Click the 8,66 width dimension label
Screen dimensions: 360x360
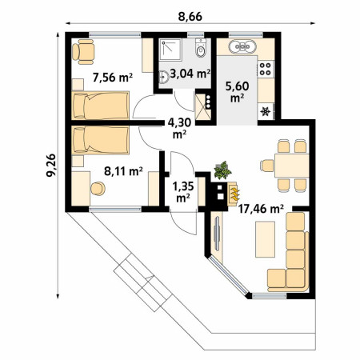click(190, 17)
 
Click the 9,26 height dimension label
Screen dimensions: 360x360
click(51, 165)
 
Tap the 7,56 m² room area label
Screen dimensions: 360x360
click(113, 78)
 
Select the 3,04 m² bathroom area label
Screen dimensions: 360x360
click(190, 74)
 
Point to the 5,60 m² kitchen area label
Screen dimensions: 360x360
click(237, 92)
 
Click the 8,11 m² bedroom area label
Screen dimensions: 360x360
click(123, 171)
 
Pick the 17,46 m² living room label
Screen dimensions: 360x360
click(261, 209)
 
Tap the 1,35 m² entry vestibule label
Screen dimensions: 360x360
click(183, 192)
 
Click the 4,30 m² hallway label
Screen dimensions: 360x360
click(179, 128)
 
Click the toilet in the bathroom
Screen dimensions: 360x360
click(201, 48)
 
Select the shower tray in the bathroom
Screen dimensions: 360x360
click(170, 50)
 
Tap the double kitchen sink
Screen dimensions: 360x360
click(242, 46)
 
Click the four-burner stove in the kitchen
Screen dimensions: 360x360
click(266, 69)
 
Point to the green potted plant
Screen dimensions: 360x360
click(222, 170)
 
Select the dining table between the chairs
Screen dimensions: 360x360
click(292, 166)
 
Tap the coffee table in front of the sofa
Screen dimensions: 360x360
click(265, 239)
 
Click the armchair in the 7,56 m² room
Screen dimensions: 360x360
click(83, 52)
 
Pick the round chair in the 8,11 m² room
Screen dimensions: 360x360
click(98, 189)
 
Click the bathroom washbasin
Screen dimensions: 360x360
click(163, 77)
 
